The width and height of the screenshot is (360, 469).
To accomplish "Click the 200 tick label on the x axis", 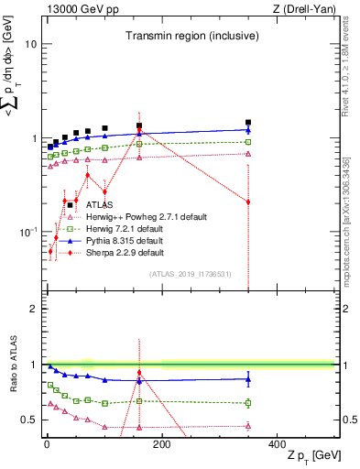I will point(162,443).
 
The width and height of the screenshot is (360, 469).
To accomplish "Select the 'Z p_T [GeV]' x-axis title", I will point(311,457).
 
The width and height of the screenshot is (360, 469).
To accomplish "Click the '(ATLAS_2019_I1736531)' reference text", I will point(190,274).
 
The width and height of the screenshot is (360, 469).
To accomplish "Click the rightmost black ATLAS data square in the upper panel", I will point(248,122).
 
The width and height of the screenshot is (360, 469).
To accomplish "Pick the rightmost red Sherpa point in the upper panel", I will point(248,202).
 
